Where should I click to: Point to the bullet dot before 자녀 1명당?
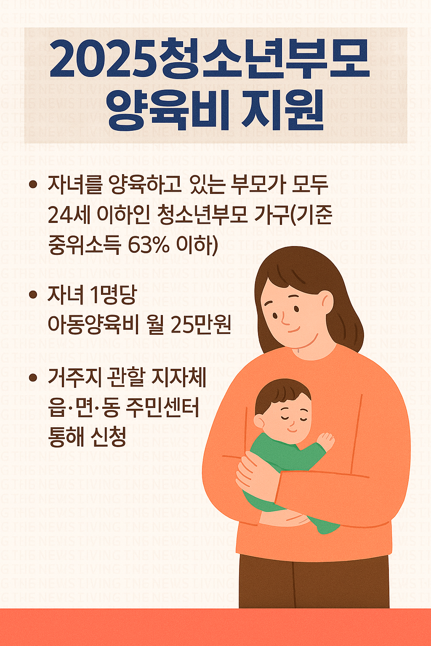[x=33, y=295]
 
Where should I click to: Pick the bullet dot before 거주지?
[x=33, y=377]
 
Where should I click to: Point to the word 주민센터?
[x=162, y=407]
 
